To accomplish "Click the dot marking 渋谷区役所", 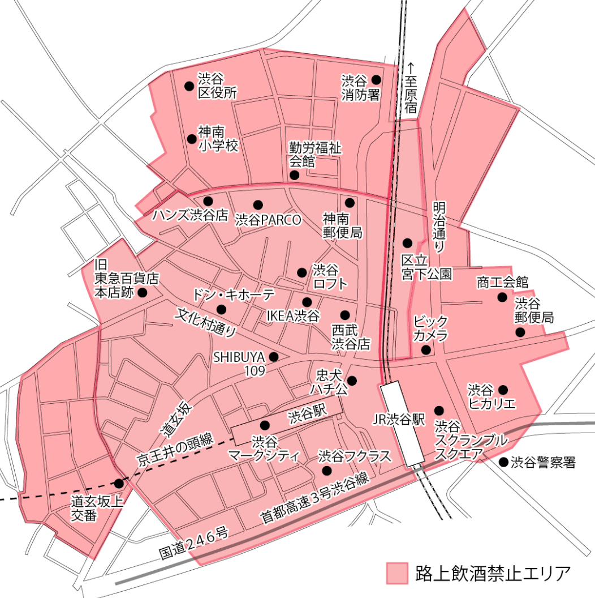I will click(x=188, y=86).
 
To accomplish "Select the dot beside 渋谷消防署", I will click(x=376, y=80).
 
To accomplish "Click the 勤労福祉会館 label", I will click(x=315, y=155).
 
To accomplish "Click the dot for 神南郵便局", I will click(x=349, y=202).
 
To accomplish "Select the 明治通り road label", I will click(x=439, y=227).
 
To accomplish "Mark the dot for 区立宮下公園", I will click(x=407, y=242).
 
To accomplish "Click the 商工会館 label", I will click(x=502, y=281).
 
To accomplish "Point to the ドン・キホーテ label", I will click(x=233, y=294).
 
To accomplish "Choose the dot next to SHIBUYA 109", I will click(x=274, y=357).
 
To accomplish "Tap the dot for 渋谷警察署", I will click(x=503, y=463).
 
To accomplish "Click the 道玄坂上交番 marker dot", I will click(x=119, y=484).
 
